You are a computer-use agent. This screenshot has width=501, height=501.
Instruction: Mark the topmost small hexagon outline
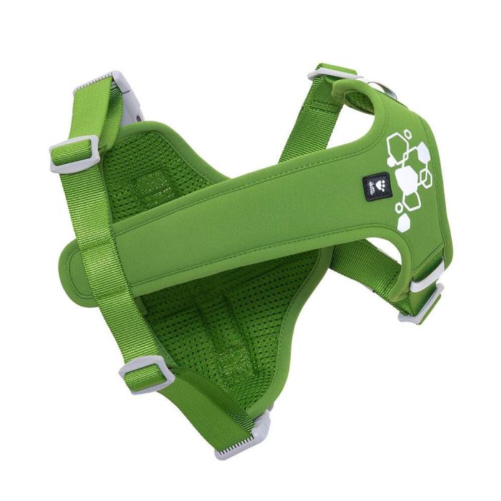407,133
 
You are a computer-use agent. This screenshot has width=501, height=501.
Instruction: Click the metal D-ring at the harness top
379,92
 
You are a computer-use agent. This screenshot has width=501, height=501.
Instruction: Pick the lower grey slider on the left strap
147,374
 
